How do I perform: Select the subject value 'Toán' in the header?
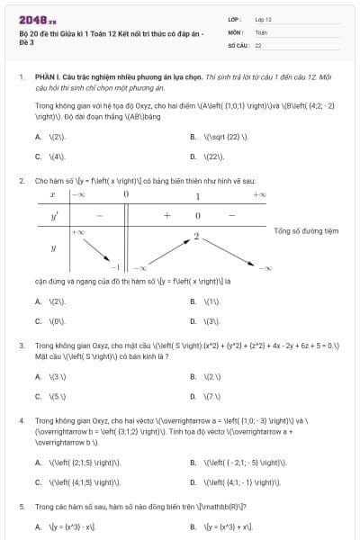pyautogui.click(x=261, y=31)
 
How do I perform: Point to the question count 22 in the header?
pyautogui.click(x=258, y=44)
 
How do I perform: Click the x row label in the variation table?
pyautogui.click(x=54, y=194)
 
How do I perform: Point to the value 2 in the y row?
pyautogui.click(x=196, y=236)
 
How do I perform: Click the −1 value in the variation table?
pyautogui.click(x=115, y=267)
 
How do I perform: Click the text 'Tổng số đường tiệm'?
pyautogui.click(x=306, y=231)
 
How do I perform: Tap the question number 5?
pyautogui.click(x=22, y=507)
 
